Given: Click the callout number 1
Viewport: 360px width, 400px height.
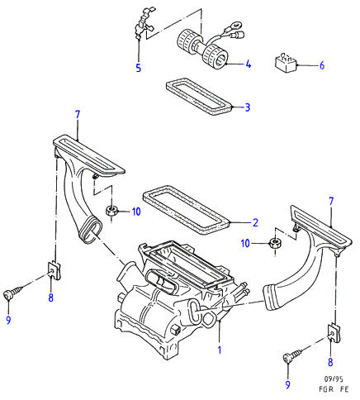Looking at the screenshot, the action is (x=220, y=350).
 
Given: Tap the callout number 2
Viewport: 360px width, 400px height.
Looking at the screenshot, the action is (x=255, y=222).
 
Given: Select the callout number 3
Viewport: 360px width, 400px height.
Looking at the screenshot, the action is (x=248, y=107).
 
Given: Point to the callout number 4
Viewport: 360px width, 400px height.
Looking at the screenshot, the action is (x=249, y=64).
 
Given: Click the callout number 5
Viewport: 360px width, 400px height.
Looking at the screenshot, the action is (x=139, y=68).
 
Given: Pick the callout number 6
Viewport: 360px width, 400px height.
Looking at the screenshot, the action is (x=322, y=65).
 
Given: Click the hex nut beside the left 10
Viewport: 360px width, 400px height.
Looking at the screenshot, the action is (x=111, y=212).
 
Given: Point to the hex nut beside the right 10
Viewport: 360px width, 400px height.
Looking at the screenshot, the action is (x=274, y=243).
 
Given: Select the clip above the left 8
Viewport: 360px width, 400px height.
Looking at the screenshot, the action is (x=54, y=270).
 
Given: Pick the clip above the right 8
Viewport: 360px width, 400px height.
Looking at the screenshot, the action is (x=334, y=333).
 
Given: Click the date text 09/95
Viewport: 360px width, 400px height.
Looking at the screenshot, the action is (x=334, y=379).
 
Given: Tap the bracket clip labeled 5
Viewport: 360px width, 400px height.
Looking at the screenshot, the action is (x=144, y=23).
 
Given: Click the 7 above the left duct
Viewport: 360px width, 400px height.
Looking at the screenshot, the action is (x=78, y=115).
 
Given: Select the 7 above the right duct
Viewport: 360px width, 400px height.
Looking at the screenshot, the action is (x=331, y=202).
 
